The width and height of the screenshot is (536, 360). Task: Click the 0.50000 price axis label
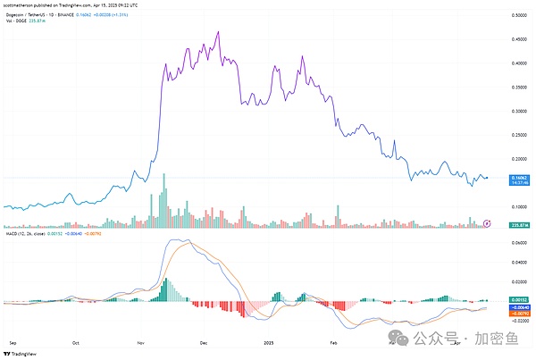[x=516, y=16]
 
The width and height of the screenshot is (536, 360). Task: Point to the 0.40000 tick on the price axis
[x=516, y=63]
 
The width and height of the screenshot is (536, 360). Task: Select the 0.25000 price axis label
[x=516, y=136]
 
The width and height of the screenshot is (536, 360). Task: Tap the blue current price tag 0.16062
[x=516, y=179]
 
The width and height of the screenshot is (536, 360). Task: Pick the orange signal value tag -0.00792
[x=516, y=313]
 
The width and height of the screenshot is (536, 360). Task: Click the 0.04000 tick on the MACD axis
[x=516, y=263]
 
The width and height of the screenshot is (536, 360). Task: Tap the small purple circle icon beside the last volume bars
[x=487, y=222]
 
